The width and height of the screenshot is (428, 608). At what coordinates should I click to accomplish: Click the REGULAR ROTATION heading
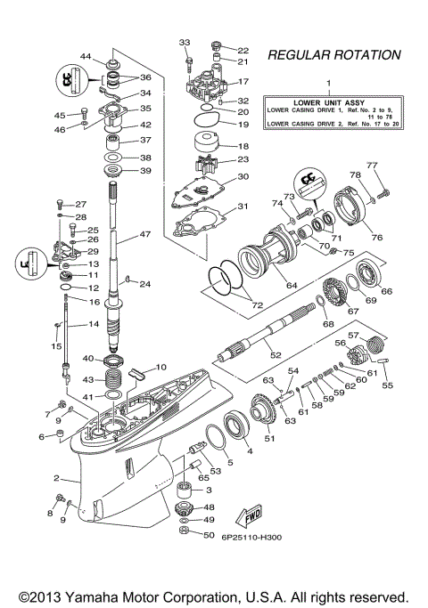(x=333, y=55)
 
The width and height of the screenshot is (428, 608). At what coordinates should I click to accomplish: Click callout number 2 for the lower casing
(x=55, y=478)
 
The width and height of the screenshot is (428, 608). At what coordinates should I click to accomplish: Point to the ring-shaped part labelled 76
(x=357, y=210)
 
